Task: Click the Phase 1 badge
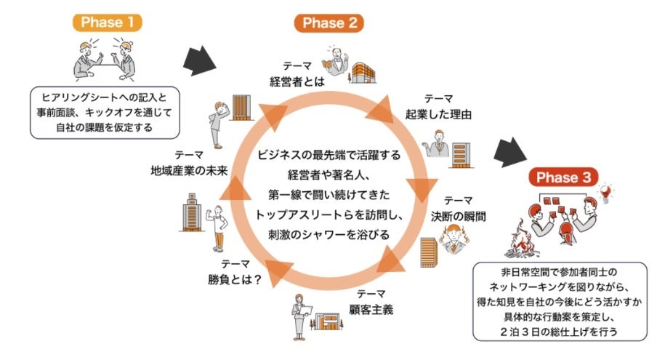coord(107,21)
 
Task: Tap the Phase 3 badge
coord(563,177)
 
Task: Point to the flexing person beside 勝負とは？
coord(217,221)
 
